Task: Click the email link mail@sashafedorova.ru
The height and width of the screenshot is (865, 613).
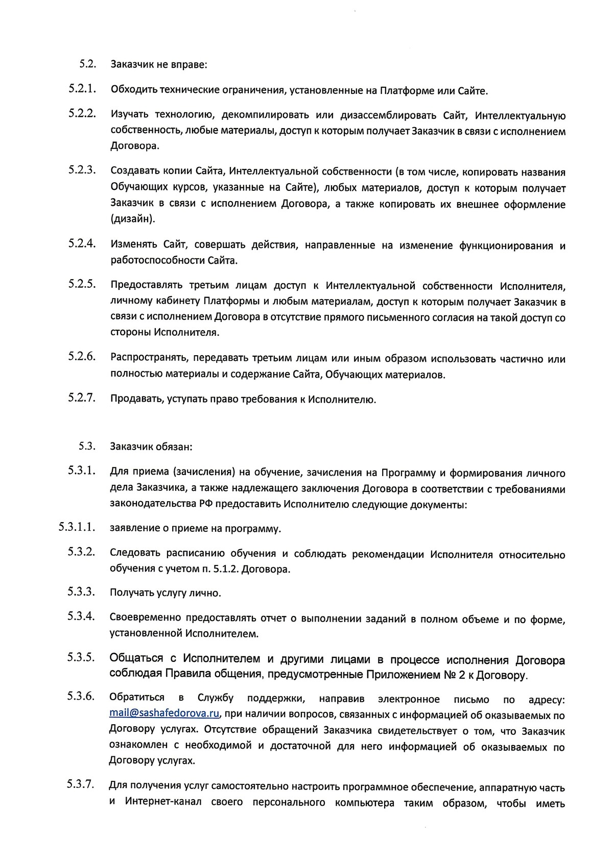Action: click(x=164, y=713)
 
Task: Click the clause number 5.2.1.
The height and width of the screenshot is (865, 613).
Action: click(x=83, y=89)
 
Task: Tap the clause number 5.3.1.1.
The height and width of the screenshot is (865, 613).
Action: click(x=77, y=527)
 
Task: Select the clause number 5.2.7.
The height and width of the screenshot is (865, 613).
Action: click(x=83, y=398)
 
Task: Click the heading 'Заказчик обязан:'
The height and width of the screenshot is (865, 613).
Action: click(x=151, y=446)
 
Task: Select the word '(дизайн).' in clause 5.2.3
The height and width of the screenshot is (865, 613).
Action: click(x=132, y=219)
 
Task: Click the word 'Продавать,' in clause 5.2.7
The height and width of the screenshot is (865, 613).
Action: click(x=136, y=399)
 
